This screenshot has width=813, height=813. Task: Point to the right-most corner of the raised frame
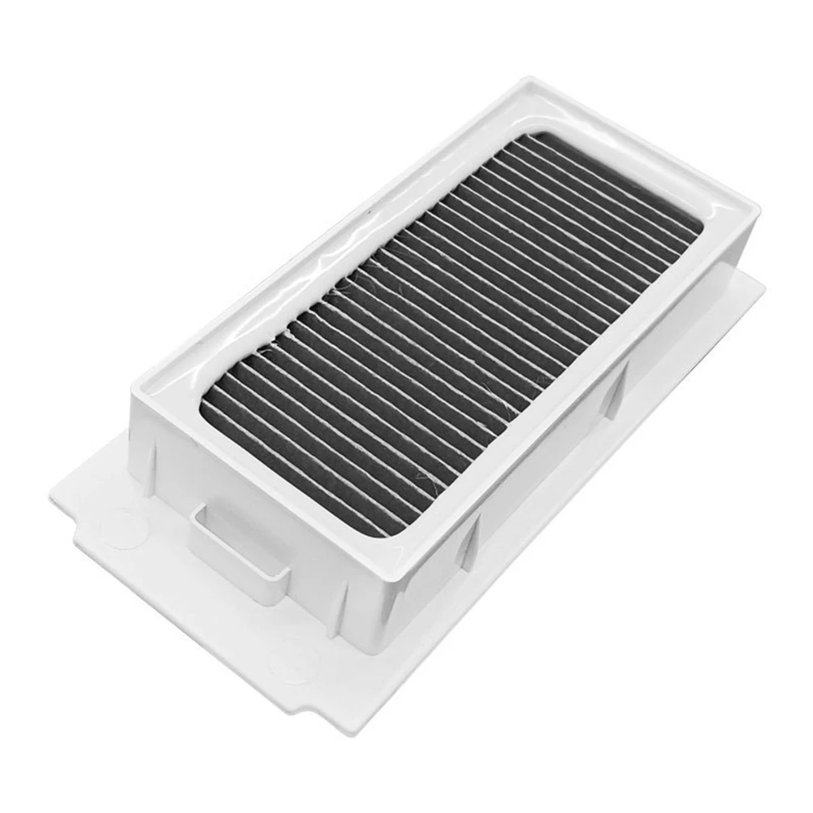point(759,213)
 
